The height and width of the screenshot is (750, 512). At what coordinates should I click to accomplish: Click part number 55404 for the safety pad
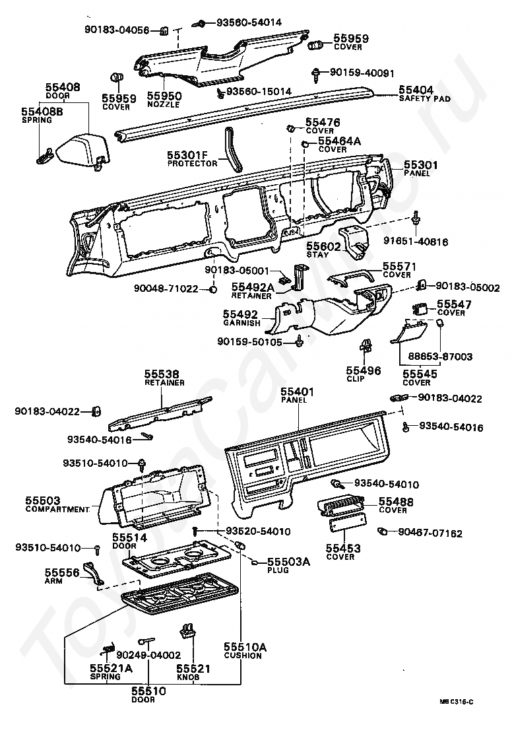coord(416,90)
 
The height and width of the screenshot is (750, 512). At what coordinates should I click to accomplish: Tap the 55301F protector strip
coord(233,149)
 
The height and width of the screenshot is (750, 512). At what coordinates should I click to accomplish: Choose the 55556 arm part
coord(94,574)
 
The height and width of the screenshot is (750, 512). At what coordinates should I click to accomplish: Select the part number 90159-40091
coord(362,73)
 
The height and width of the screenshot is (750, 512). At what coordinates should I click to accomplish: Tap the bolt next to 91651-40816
coord(416,219)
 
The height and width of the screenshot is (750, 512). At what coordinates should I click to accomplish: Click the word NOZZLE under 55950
coord(164,105)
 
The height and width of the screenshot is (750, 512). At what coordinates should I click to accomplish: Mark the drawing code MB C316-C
coord(457,702)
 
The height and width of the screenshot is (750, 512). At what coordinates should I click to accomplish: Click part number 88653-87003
coord(440,357)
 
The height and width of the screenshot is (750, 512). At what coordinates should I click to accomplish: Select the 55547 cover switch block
coord(422,308)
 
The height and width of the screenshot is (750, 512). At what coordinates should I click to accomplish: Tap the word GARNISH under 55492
coord(242,324)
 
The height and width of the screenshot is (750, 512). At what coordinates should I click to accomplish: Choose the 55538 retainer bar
coord(160,412)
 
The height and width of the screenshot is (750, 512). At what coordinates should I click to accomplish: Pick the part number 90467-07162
coord(430,533)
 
